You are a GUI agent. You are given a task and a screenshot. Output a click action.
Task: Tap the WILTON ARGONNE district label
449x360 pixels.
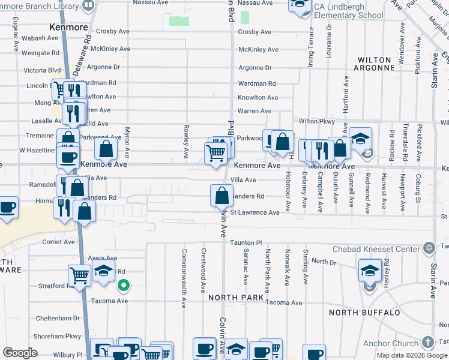[376, 64]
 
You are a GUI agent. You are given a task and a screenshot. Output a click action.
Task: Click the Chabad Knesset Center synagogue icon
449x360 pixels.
[429, 248]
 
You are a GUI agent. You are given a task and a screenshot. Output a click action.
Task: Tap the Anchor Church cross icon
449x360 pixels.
[427, 343]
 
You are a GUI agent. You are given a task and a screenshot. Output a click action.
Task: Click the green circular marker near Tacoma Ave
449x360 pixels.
[123, 286]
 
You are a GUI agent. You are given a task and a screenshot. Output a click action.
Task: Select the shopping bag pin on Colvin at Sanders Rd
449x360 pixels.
[221, 196]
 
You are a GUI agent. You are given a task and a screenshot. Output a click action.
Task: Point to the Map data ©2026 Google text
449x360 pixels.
[412, 355]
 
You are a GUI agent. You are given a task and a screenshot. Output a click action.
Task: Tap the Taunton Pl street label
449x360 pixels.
[246, 243]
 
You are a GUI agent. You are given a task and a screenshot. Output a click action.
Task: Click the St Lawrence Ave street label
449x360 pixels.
[255, 212]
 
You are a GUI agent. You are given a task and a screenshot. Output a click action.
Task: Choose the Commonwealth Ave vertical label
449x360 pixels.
[184, 277]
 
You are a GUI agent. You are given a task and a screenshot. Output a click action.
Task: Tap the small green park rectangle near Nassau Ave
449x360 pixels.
[179, 21]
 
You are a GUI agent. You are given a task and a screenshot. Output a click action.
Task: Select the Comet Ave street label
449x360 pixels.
[58, 242]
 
